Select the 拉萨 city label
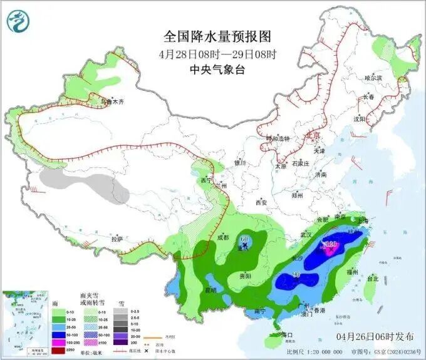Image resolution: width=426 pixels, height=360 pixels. [117, 239]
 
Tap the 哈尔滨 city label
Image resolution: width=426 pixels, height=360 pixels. [373, 78]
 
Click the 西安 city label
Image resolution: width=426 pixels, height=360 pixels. [261, 202]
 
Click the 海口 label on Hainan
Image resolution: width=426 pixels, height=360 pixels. [288, 335]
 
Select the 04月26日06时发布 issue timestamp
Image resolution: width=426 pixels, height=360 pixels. [372, 336]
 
